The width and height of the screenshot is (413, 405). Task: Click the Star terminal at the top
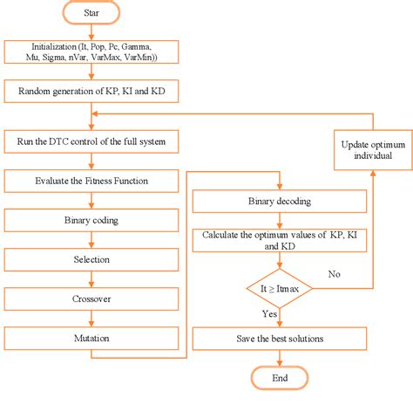pos(91,15)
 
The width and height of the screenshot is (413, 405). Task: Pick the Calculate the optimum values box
pos(279,242)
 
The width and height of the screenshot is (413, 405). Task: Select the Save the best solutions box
pos(279,337)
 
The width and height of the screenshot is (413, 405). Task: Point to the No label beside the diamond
pos(334,273)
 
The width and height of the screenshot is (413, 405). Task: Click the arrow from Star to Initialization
pos(91,31)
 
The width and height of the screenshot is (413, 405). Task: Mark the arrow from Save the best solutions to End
pos(279,356)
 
